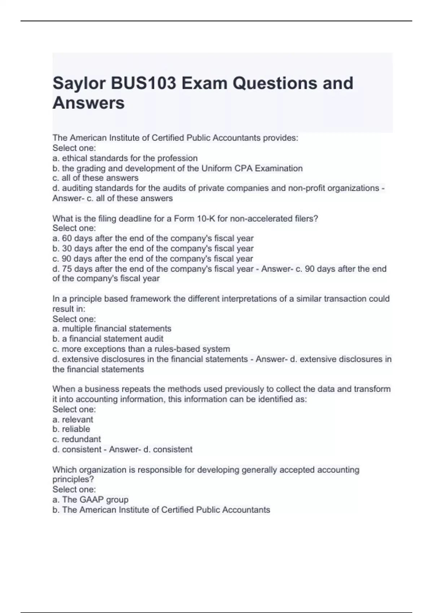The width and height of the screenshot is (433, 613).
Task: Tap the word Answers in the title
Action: pyautogui.click(x=88, y=103)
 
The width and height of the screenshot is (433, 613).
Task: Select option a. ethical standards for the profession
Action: pyautogui.click(x=125, y=158)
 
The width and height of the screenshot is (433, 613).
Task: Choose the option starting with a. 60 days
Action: pyautogui.click(x=153, y=238)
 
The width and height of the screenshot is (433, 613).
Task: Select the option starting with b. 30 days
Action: pyautogui.click(x=153, y=248)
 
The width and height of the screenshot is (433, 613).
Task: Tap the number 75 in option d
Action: pyautogui.click(x=67, y=269)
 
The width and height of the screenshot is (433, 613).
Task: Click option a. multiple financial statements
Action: pyautogui.click(x=112, y=329)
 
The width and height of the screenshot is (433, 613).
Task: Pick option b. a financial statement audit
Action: pyautogui.click(x=108, y=339)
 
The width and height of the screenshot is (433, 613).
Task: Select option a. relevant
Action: pyautogui.click(x=73, y=419)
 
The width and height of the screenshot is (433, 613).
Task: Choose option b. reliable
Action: pyautogui.click(x=71, y=429)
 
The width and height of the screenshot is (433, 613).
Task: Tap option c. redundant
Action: pyautogui.click(x=76, y=439)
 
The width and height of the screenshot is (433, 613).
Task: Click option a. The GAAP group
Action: pyautogui.click(x=90, y=500)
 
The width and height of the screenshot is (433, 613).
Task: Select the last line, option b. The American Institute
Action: pyautogui.click(x=161, y=510)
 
